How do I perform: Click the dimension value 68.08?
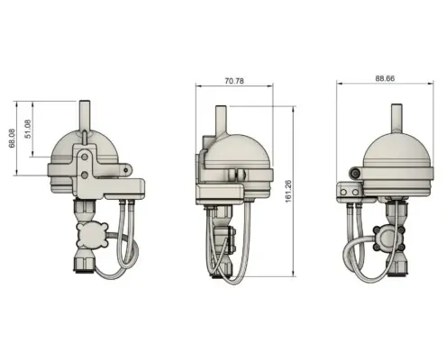coord(12,139)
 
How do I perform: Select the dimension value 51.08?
coord(28,129)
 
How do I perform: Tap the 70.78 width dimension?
coord(234,81)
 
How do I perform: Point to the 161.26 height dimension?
coord(288,192)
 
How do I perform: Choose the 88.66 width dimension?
coord(385,78)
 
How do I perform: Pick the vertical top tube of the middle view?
coord(221,119)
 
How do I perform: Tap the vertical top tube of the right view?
coord(396,118)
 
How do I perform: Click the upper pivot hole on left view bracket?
coord(85,157)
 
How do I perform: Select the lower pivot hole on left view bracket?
coord(85,175)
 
